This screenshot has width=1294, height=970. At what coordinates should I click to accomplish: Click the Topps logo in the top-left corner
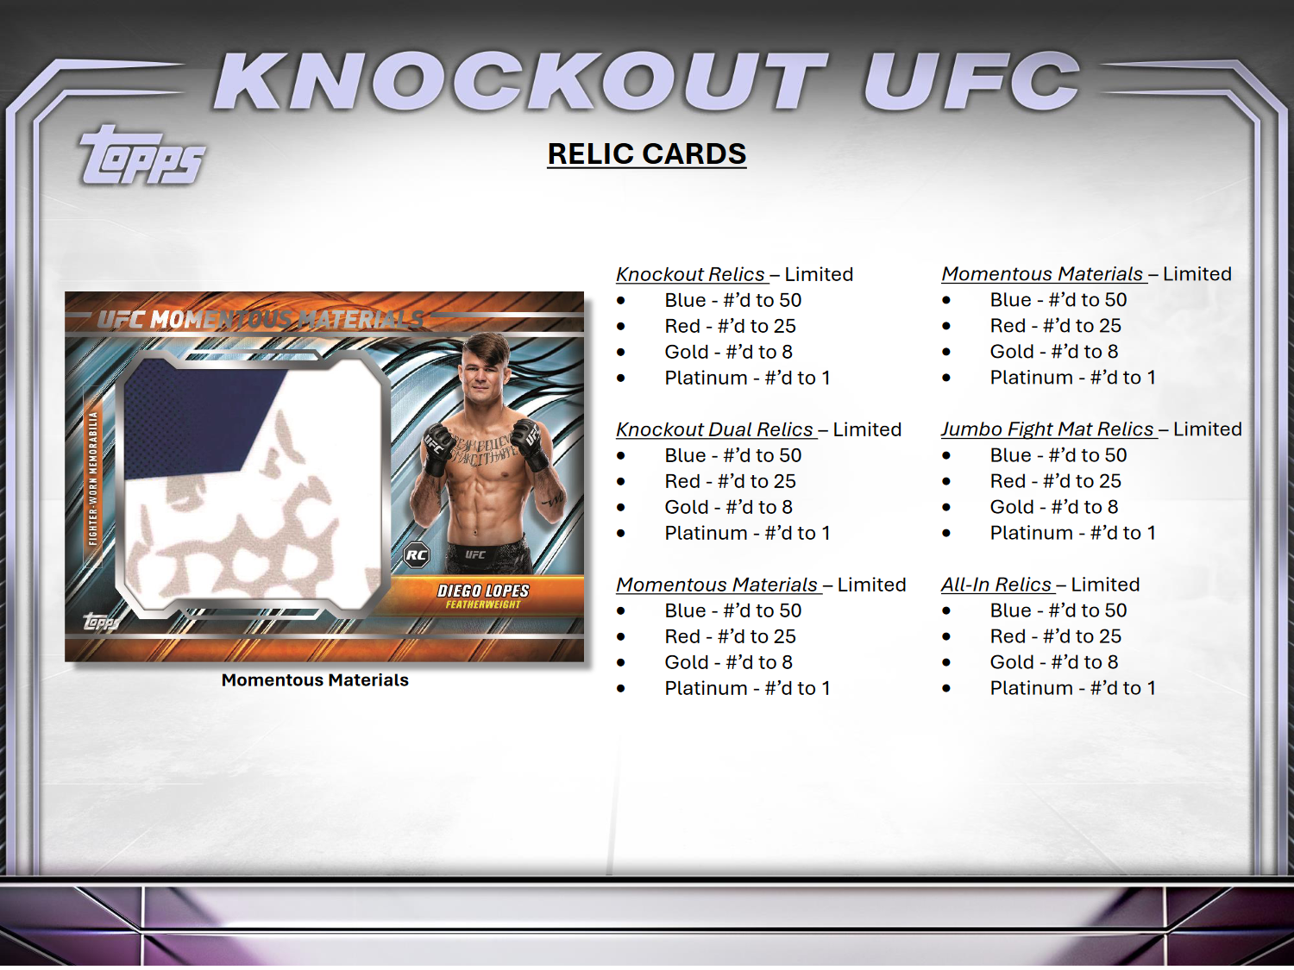[x=143, y=157]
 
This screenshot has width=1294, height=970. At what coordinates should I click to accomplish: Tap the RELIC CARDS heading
[x=647, y=153]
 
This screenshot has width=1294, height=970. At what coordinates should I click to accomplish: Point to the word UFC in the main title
[x=970, y=82]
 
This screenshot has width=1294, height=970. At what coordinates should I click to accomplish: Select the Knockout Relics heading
[x=691, y=274]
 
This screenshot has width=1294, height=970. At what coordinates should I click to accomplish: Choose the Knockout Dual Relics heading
[x=715, y=429]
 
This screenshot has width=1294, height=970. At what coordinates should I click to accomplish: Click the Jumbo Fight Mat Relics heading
[x=1047, y=429]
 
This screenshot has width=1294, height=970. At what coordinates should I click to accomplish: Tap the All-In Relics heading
[x=996, y=585]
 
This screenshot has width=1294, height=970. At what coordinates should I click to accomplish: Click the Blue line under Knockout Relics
[x=732, y=300]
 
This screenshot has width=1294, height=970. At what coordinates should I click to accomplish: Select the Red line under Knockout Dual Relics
[x=730, y=481]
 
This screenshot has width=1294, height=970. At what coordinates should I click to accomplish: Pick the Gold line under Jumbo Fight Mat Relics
[x=1053, y=507]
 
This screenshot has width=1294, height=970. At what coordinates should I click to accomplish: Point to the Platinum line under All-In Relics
[x=1072, y=688]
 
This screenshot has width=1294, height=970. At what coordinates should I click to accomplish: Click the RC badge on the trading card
[x=417, y=554]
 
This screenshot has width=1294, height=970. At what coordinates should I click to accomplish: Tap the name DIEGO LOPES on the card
[x=483, y=591]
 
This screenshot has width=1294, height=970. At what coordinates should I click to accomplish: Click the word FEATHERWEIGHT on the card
[x=483, y=604]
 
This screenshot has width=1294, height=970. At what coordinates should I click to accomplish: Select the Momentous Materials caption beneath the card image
[x=315, y=680]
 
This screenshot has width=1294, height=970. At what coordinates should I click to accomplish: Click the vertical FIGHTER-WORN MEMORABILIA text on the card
[x=93, y=479]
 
